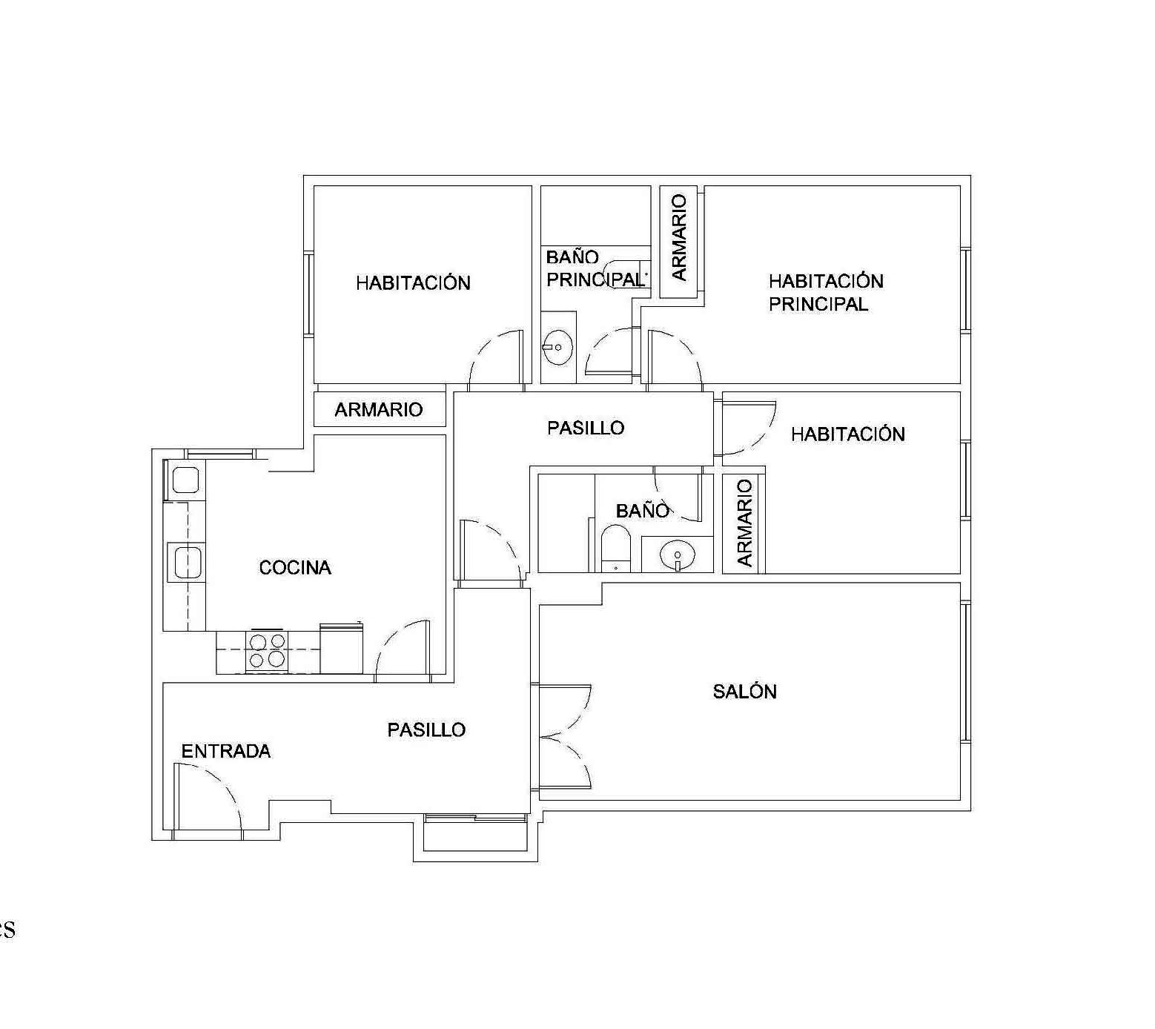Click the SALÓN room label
point(744,691)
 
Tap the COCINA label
point(295,567)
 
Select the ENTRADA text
point(226,751)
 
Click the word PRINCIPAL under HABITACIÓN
point(818,304)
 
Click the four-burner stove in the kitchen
point(268,651)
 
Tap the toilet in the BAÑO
point(615,548)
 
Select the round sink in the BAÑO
point(678,555)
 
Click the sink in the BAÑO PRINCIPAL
point(557,346)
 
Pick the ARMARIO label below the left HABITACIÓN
point(379,409)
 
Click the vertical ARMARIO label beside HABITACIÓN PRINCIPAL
point(679,237)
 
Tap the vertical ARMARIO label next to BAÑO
point(744,523)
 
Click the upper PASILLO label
point(586,428)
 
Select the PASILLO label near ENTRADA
point(426,730)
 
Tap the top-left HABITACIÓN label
point(413,282)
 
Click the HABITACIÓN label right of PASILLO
point(848,434)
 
